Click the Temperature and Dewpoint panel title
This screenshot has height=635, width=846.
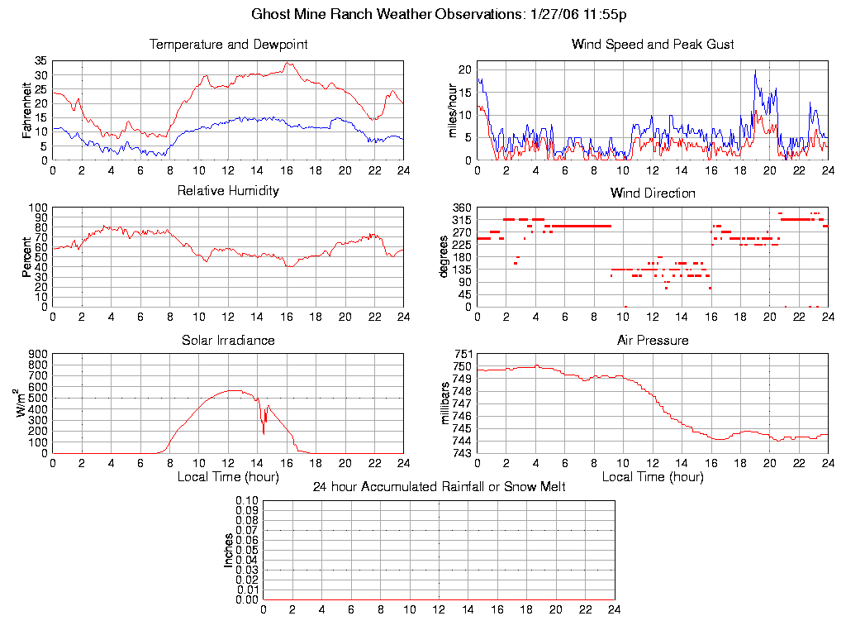(x=228, y=45)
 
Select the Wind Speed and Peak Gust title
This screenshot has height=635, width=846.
(x=653, y=45)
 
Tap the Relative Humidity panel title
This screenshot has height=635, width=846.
(x=228, y=191)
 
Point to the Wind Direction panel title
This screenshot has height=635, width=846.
(x=653, y=193)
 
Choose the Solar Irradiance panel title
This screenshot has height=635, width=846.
(x=228, y=341)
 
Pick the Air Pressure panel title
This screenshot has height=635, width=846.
(x=653, y=341)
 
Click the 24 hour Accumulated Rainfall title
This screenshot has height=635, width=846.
(x=439, y=487)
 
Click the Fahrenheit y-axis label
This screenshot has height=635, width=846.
(x=28, y=110)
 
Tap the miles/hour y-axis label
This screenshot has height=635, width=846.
(x=453, y=111)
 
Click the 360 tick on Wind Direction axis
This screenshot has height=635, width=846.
(x=460, y=208)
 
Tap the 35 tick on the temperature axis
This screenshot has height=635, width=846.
(x=40, y=61)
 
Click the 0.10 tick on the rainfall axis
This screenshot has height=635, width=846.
(x=246, y=501)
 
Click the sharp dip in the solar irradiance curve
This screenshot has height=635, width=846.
(x=264, y=432)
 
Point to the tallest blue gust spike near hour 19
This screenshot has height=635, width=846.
(x=755, y=72)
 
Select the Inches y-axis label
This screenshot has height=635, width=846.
(x=229, y=550)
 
